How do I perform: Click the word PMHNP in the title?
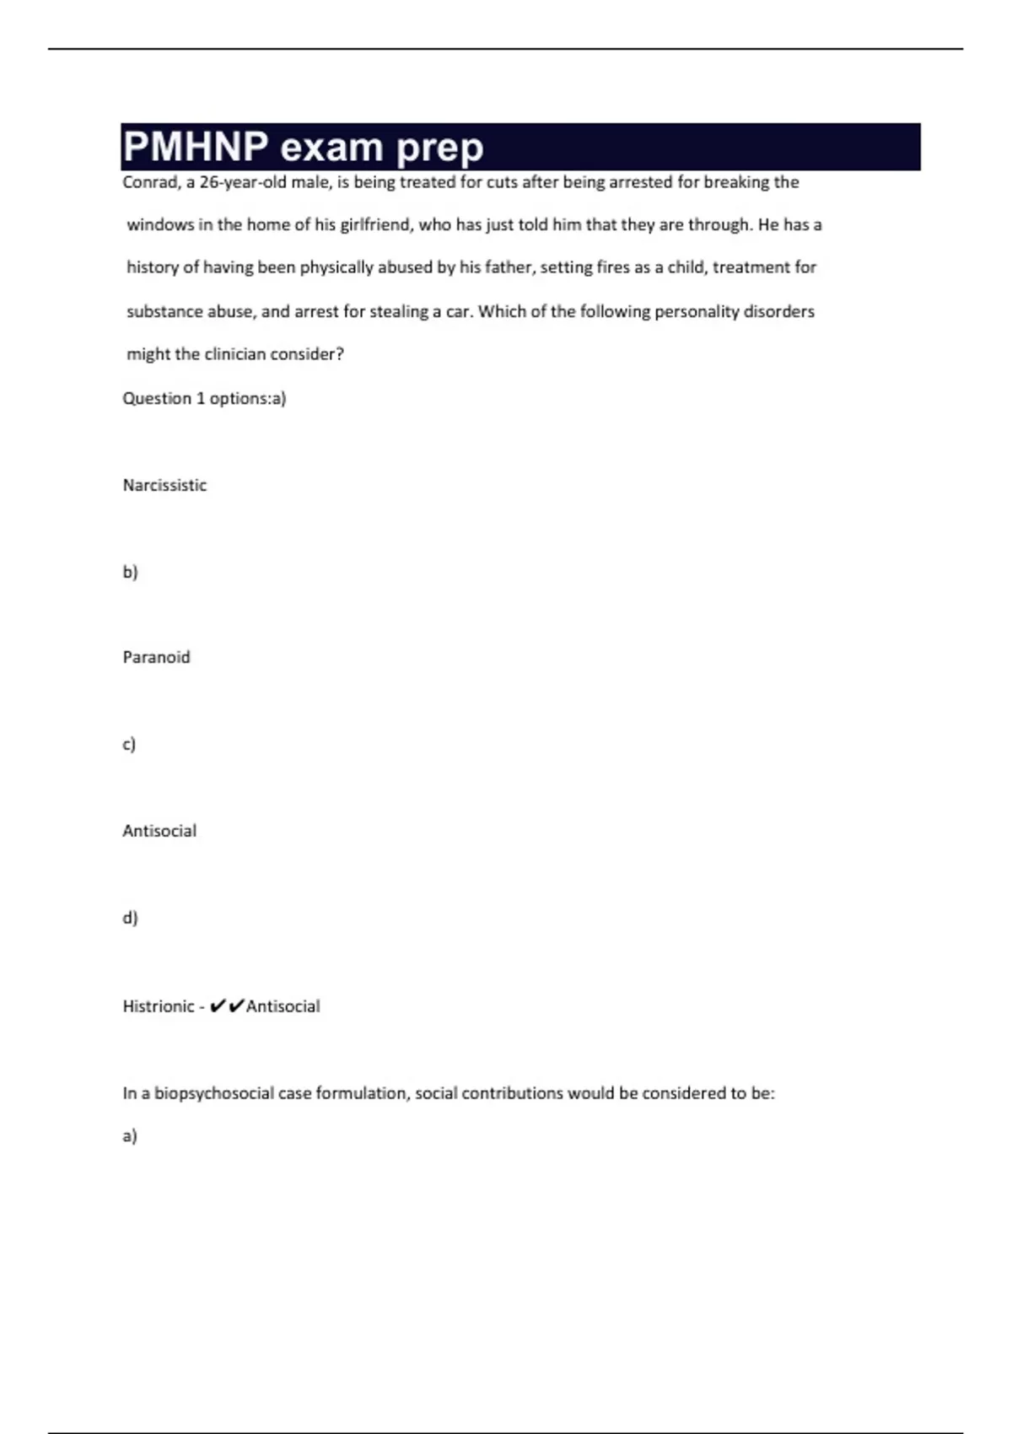pos(196,147)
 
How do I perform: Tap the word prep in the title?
pos(439,148)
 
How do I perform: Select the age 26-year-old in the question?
pos(243,182)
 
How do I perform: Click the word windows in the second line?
pos(160,225)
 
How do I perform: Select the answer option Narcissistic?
pos(164,485)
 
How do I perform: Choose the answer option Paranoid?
pos(156,657)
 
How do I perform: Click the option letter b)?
pos(130,572)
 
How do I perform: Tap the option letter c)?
pos(129,744)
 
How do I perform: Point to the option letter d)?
pos(130,917)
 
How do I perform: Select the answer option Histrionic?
pos(158,1006)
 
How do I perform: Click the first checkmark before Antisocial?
pos(218,1005)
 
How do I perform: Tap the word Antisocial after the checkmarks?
pos(283,1006)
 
